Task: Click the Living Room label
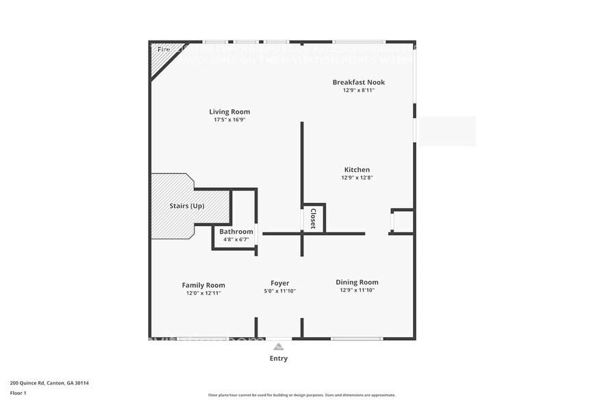coord(229,112)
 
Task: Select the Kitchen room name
coord(357,170)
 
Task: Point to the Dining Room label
coord(357,282)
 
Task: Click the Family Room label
coord(203,285)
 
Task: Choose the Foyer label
coord(279,283)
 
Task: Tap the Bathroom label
coord(236,232)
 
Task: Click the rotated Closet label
coord(314,219)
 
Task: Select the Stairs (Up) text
coord(187,206)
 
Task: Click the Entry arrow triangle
coord(278,345)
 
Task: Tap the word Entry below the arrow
coord(279,358)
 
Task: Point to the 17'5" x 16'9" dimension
coord(229,120)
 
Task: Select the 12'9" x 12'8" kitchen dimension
coord(357,178)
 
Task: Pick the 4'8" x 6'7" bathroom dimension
coord(236,239)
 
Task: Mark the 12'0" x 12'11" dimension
coord(203,293)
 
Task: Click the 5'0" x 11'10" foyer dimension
coord(279,291)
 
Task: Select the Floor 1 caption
coord(18,393)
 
